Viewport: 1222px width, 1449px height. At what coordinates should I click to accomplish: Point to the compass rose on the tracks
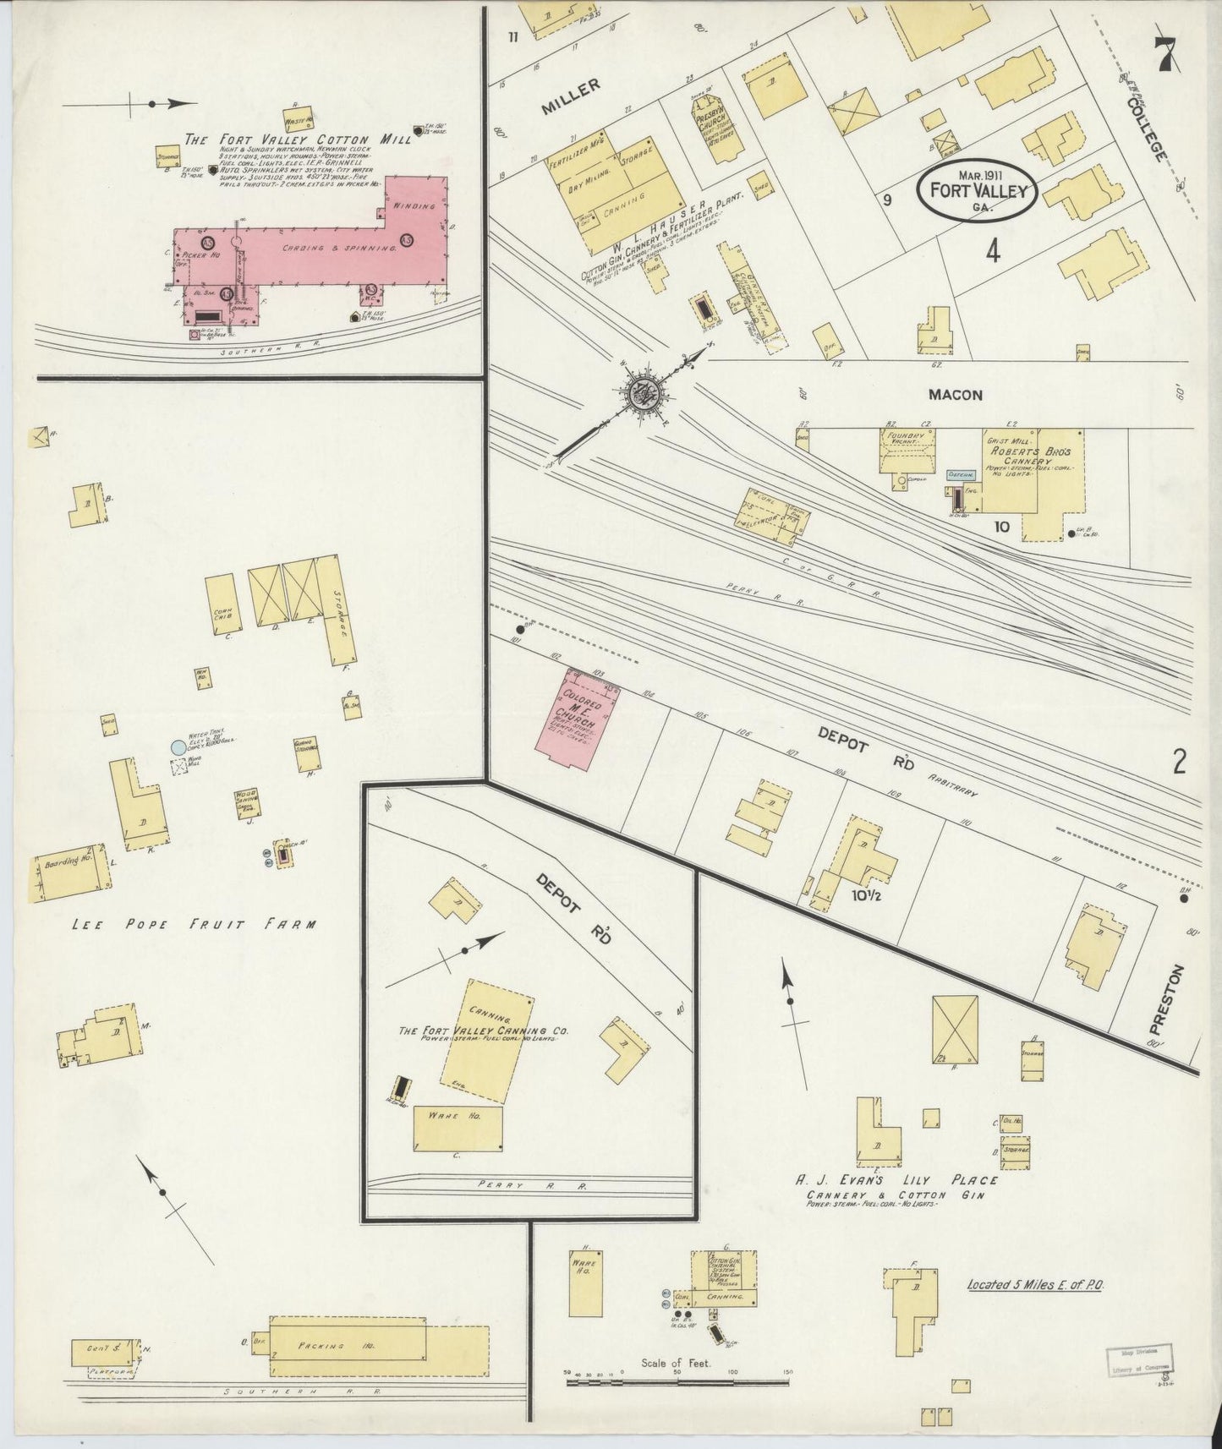(642, 393)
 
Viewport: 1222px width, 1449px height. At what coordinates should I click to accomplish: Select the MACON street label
(955, 395)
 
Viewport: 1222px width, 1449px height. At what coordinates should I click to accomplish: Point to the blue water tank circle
(178, 747)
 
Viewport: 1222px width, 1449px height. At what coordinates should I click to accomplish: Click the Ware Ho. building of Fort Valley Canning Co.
(458, 1128)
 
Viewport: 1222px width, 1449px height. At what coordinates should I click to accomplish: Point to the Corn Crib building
(224, 603)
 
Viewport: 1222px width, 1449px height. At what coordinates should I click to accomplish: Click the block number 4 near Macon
(992, 252)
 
